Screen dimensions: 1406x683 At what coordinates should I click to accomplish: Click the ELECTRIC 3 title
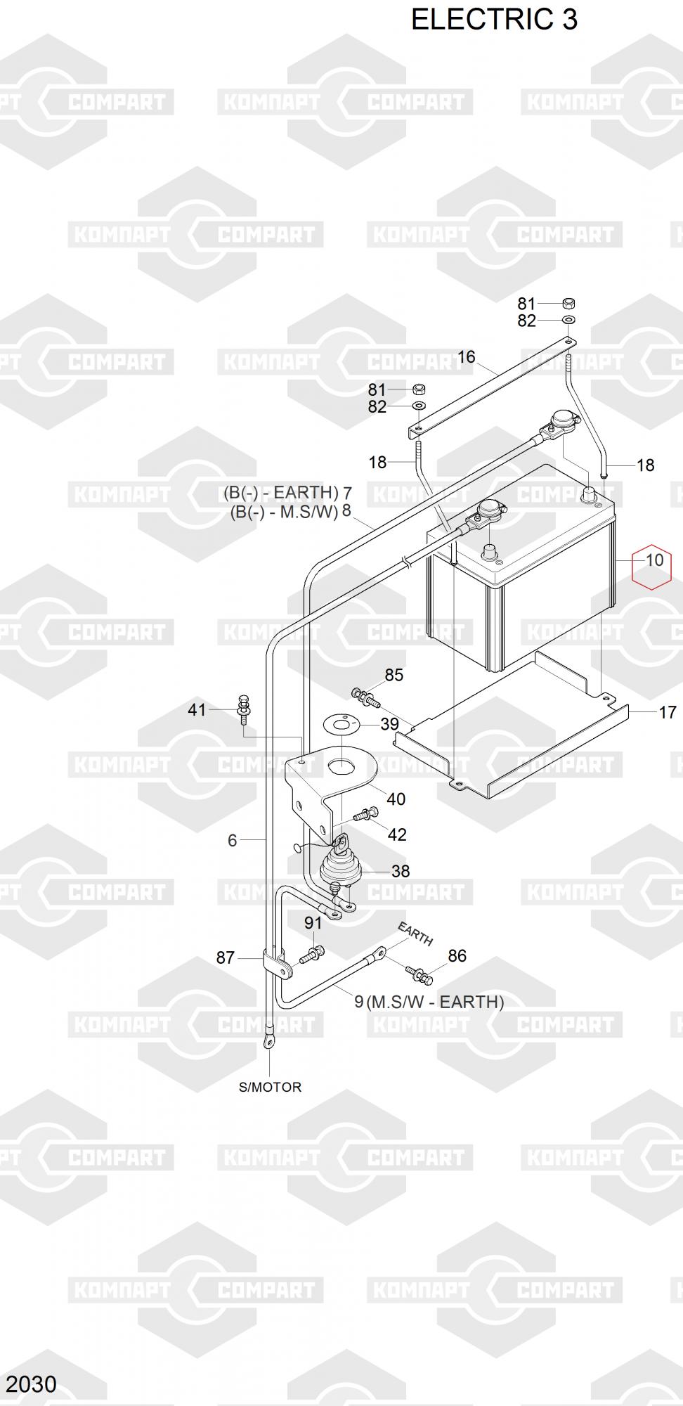coord(494,20)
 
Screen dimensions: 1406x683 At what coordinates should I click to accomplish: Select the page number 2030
coord(32,1384)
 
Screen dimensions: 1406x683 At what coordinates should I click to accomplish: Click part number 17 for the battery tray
coord(667,712)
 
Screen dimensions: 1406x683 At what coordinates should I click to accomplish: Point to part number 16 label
coord(467,356)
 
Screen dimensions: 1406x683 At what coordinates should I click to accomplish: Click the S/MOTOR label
coord(270,1087)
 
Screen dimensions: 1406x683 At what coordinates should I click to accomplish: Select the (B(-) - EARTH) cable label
coord(281,493)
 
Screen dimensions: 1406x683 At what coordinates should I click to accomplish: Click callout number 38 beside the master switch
coord(401,871)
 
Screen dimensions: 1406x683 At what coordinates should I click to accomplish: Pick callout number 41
coord(197,709)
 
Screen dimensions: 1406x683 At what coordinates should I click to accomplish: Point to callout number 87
coord(225,957)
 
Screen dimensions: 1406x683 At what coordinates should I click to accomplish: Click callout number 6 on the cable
coord(232,840)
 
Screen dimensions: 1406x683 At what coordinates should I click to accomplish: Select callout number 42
coord(397,834)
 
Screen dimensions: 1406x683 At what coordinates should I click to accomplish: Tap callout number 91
coord(313,923)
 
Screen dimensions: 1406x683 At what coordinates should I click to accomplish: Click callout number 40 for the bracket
coord(396,799)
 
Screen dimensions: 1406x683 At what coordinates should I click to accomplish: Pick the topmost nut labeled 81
coord(569,304)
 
